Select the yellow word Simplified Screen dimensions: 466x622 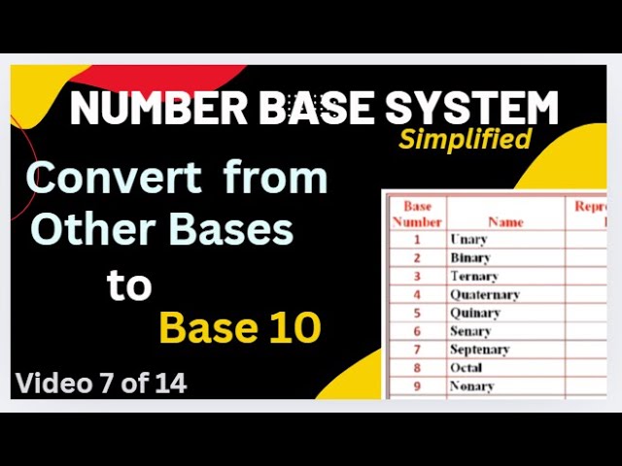466,140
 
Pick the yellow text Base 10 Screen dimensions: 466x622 239,329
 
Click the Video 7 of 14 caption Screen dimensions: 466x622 101,383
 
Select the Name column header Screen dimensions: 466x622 505,221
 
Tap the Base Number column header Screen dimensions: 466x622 417,214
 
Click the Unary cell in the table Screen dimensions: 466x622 468,239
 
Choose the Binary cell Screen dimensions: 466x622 470,258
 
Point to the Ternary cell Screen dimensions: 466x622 474,277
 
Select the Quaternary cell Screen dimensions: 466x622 484,295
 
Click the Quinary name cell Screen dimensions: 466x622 474,314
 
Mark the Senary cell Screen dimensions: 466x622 470,331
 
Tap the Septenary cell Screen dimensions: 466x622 479,349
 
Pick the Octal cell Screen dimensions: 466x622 466,368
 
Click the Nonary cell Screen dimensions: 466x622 471,386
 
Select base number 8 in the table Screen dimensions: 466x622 417,368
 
